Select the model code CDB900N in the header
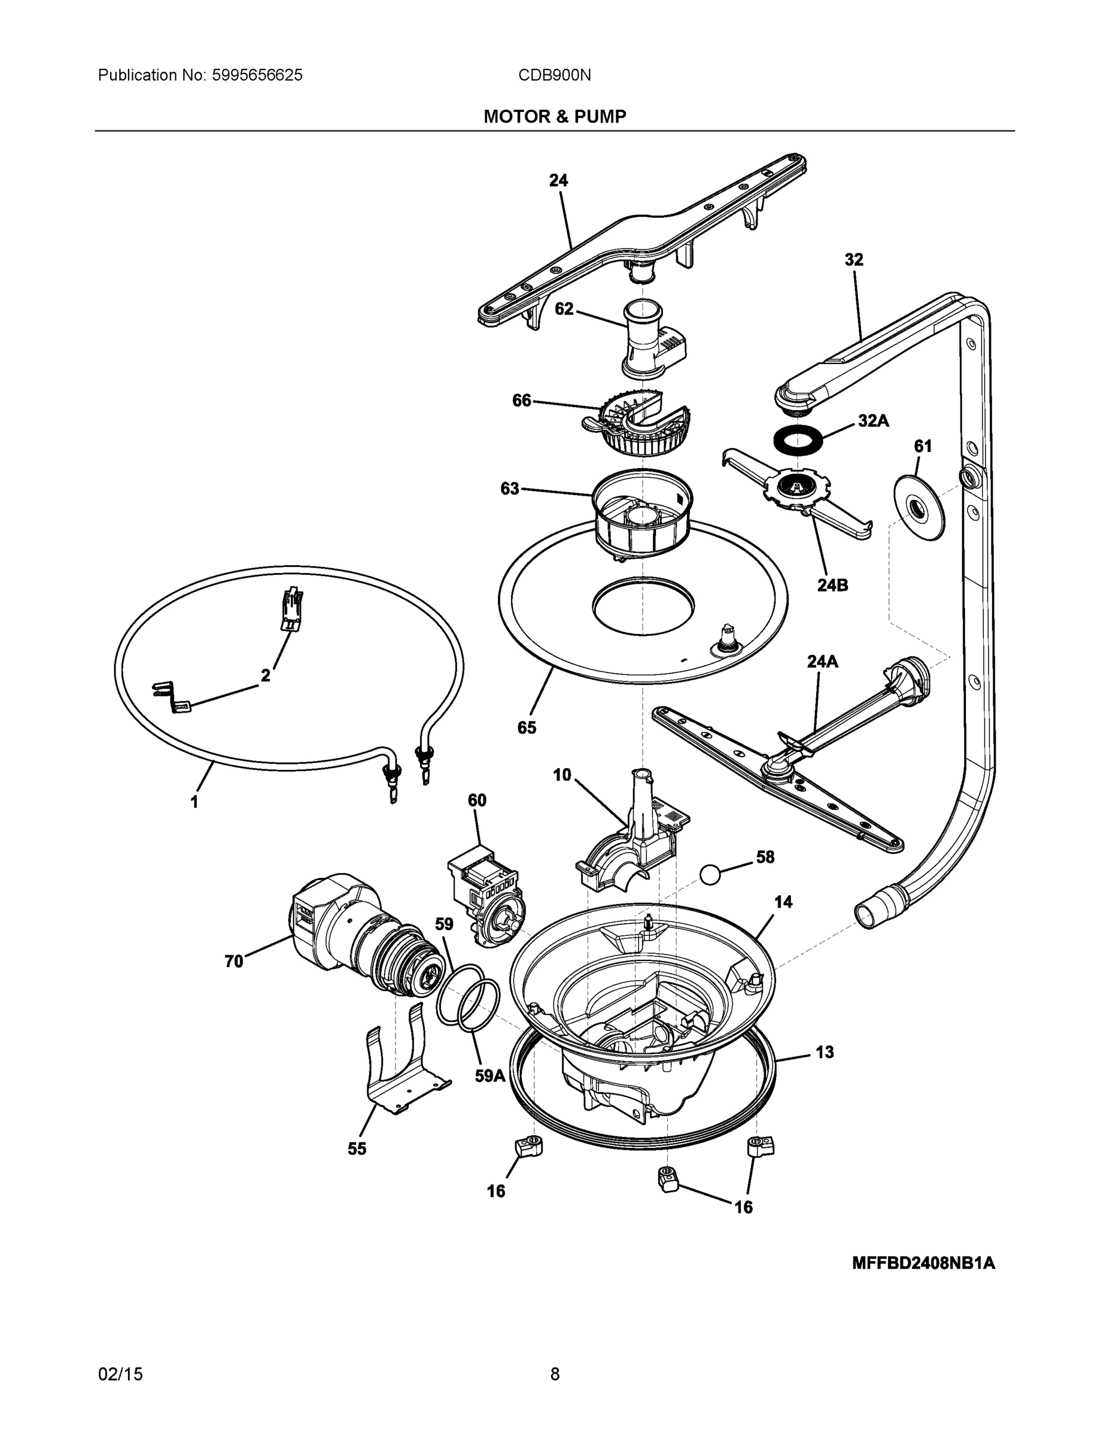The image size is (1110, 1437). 554,75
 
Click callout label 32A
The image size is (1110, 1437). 873,421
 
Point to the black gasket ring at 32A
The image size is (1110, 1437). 796,439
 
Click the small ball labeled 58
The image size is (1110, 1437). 711,874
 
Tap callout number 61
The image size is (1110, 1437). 923,446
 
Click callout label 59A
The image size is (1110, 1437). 490,1076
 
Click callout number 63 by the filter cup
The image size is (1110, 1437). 510,488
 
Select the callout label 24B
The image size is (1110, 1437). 832,585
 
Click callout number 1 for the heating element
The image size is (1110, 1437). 194,802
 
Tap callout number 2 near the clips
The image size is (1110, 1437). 265,676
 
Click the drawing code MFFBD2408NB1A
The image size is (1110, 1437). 923,1263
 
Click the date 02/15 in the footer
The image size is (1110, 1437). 120,1374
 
